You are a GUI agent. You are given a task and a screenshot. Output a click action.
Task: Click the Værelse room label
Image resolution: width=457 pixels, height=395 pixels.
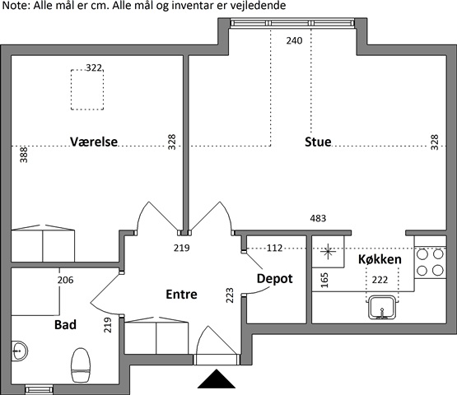(94, 142)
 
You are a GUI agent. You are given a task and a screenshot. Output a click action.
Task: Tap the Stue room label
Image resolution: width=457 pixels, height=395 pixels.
(318, 142)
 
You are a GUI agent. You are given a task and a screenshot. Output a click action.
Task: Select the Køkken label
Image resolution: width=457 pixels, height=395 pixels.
(380, 259)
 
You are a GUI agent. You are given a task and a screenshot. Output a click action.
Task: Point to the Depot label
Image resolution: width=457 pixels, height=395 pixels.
(274, 279)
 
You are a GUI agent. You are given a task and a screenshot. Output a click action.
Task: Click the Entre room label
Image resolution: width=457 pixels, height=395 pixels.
(181, 295)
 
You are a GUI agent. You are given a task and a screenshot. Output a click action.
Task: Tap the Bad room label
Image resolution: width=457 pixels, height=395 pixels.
(65, 324)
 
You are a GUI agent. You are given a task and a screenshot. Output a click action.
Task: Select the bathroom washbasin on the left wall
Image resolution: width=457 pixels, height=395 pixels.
(19, 351)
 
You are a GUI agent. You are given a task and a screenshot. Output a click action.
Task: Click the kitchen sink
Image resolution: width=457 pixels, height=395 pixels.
(382, 307)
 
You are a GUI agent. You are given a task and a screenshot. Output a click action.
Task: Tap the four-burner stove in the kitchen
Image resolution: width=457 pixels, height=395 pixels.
(430, 263)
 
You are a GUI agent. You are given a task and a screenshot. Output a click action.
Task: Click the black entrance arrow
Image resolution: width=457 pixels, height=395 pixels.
(217, 379)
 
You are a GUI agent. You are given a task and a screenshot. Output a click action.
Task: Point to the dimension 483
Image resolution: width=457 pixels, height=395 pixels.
(318, 218)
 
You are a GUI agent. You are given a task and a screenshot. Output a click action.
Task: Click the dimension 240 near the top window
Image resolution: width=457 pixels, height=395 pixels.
(294, 40)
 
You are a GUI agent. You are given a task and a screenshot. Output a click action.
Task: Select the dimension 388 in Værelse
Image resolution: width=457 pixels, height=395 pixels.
(24, 155)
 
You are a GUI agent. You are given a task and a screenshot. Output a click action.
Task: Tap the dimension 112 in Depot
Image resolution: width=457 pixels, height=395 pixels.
(274, 248)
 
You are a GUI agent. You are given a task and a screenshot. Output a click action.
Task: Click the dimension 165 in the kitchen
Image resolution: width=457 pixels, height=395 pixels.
(324, 281)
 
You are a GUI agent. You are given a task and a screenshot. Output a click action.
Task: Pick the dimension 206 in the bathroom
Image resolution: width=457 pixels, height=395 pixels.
(65, 281)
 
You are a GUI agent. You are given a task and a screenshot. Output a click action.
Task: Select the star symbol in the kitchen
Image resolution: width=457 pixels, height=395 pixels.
(328, 251)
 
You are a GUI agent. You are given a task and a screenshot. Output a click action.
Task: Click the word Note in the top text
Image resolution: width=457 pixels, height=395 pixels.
(15, 6)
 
